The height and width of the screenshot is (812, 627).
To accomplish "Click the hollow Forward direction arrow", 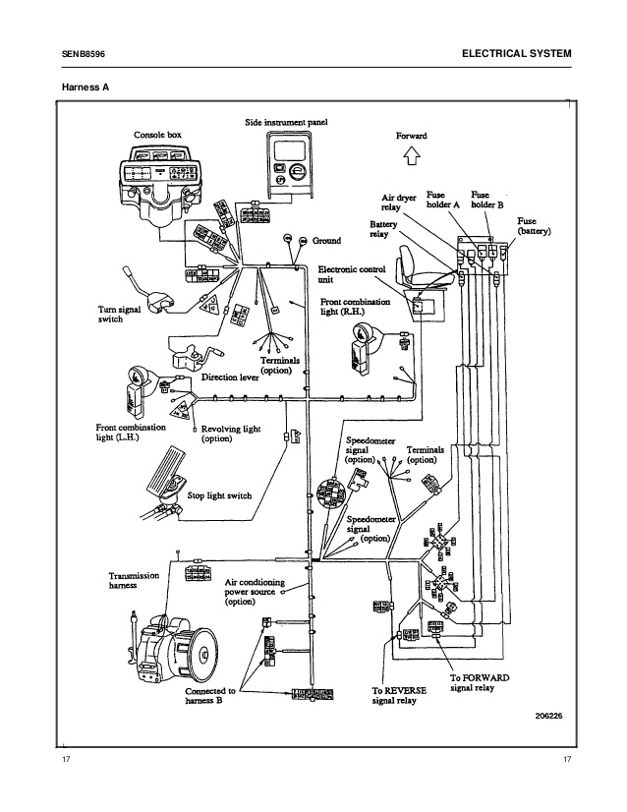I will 411,153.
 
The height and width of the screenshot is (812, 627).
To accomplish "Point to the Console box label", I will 157,134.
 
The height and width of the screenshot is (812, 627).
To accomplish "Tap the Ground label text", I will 326,241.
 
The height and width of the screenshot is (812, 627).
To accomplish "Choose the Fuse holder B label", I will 487,200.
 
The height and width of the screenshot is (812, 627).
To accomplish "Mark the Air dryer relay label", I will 400,203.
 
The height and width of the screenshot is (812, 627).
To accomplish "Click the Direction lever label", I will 231,377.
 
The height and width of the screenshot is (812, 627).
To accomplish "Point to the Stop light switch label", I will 220,496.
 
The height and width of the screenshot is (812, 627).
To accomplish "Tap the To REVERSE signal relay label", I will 399,696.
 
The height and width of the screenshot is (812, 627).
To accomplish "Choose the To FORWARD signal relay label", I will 480,683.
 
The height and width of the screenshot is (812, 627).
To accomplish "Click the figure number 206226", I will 540,717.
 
